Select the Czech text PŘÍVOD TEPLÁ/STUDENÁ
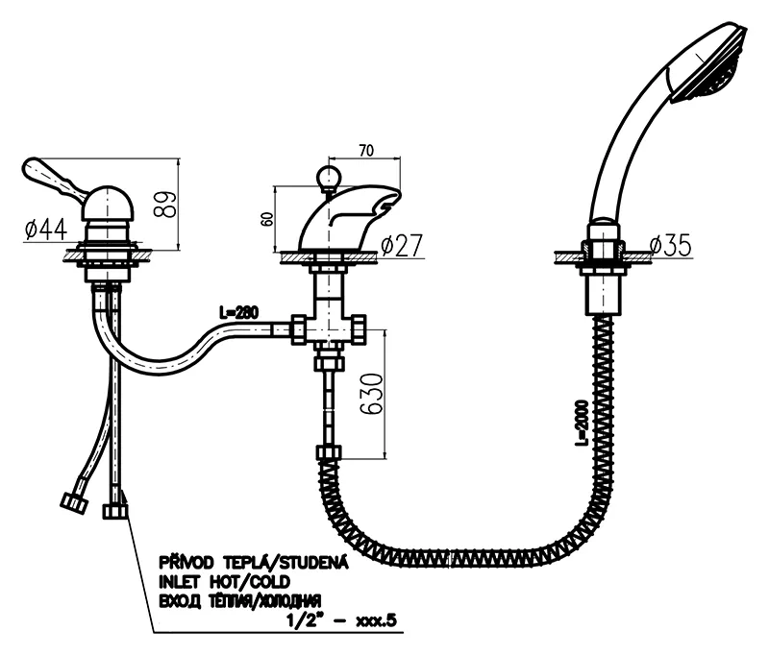(x=251, y=563)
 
